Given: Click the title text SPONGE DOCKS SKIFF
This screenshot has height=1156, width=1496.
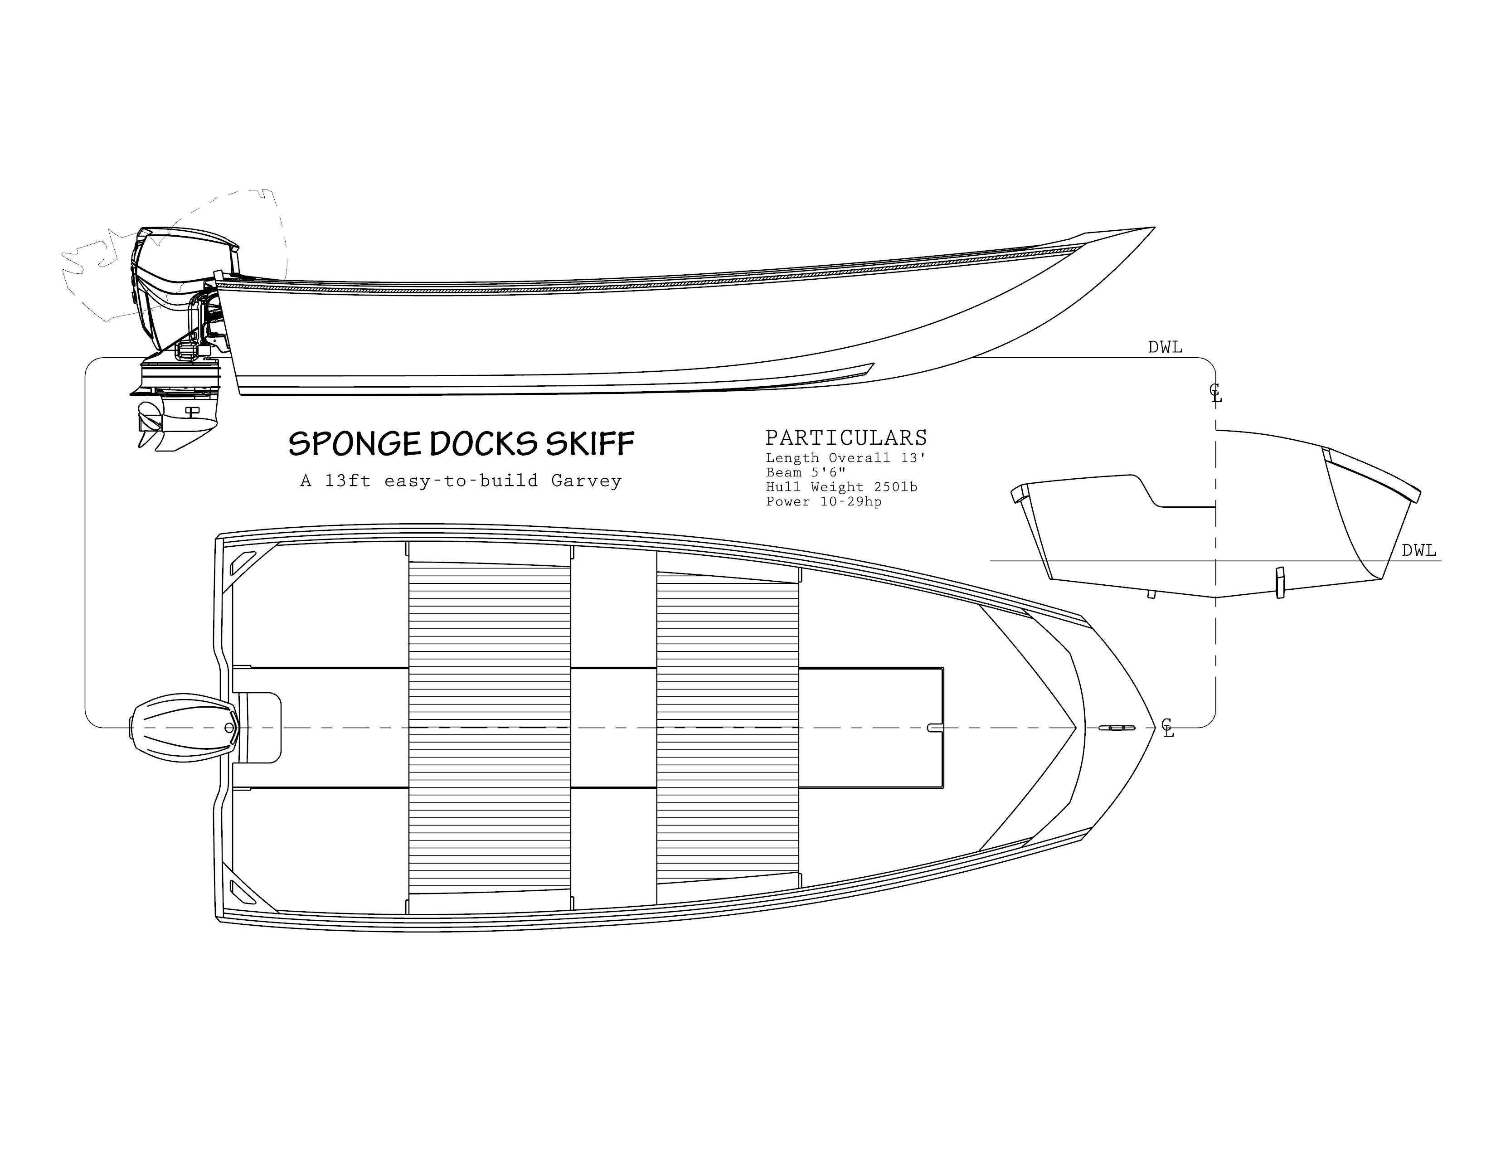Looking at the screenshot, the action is [x=461, y=444].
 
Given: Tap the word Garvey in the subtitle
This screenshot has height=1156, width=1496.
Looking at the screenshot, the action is [x=586, y=481].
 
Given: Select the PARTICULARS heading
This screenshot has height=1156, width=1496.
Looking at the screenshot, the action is [x=846, y=437].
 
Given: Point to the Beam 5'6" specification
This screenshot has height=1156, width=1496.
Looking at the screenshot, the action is [x=806, y=472].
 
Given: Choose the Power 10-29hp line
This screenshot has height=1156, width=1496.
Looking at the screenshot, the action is [x=823, y=501].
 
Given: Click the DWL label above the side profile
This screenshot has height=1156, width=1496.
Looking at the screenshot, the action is [x=1165, y=347].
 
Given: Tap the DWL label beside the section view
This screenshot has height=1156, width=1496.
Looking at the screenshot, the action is [x=1418, y=551].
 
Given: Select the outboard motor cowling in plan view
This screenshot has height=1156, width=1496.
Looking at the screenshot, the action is [x=184, y=728].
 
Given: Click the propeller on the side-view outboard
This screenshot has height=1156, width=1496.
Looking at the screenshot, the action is [x=150, y=425].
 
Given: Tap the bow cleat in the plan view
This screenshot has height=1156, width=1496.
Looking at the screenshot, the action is [x=1117, y=727].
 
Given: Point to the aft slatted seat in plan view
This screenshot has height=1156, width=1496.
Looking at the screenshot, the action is [x=489, y=728].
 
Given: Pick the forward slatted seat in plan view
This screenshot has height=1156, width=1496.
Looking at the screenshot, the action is [x=728, y=728].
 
